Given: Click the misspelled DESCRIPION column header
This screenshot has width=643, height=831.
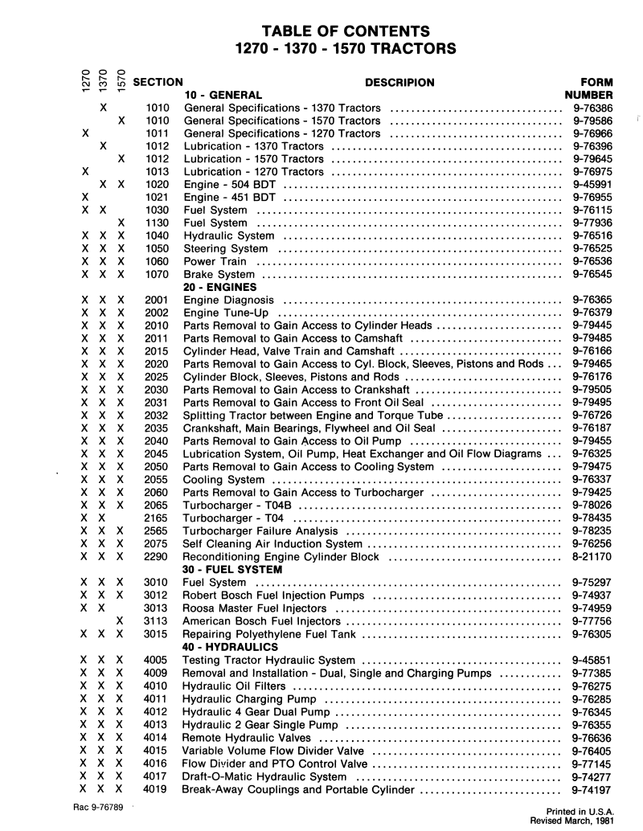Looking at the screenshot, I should (399, 82).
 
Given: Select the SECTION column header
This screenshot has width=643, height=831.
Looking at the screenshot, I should (158, 82).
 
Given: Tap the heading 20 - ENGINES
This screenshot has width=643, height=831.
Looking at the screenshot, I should (219, 287).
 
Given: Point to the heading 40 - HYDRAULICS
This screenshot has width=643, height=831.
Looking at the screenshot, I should (230, 646).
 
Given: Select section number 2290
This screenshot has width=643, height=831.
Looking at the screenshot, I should (156, 556).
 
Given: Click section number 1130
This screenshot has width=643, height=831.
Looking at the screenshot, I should (157, 223).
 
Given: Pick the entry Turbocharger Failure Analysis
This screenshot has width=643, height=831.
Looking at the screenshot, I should (260, 531).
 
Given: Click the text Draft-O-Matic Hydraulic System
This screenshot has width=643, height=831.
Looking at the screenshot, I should (265, 777).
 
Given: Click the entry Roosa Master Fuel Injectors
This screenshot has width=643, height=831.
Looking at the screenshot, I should (256, 608).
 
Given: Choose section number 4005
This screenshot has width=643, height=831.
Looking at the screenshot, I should (156, 660).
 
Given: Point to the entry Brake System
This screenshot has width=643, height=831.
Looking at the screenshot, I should (219, 274).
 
